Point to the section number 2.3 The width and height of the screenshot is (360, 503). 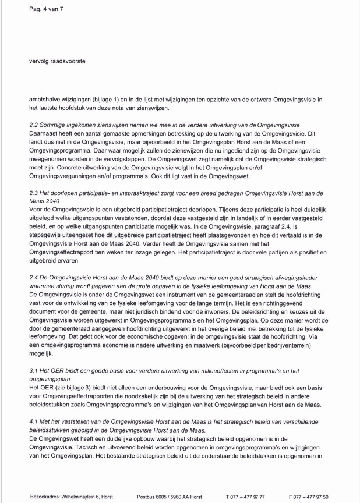34,192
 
